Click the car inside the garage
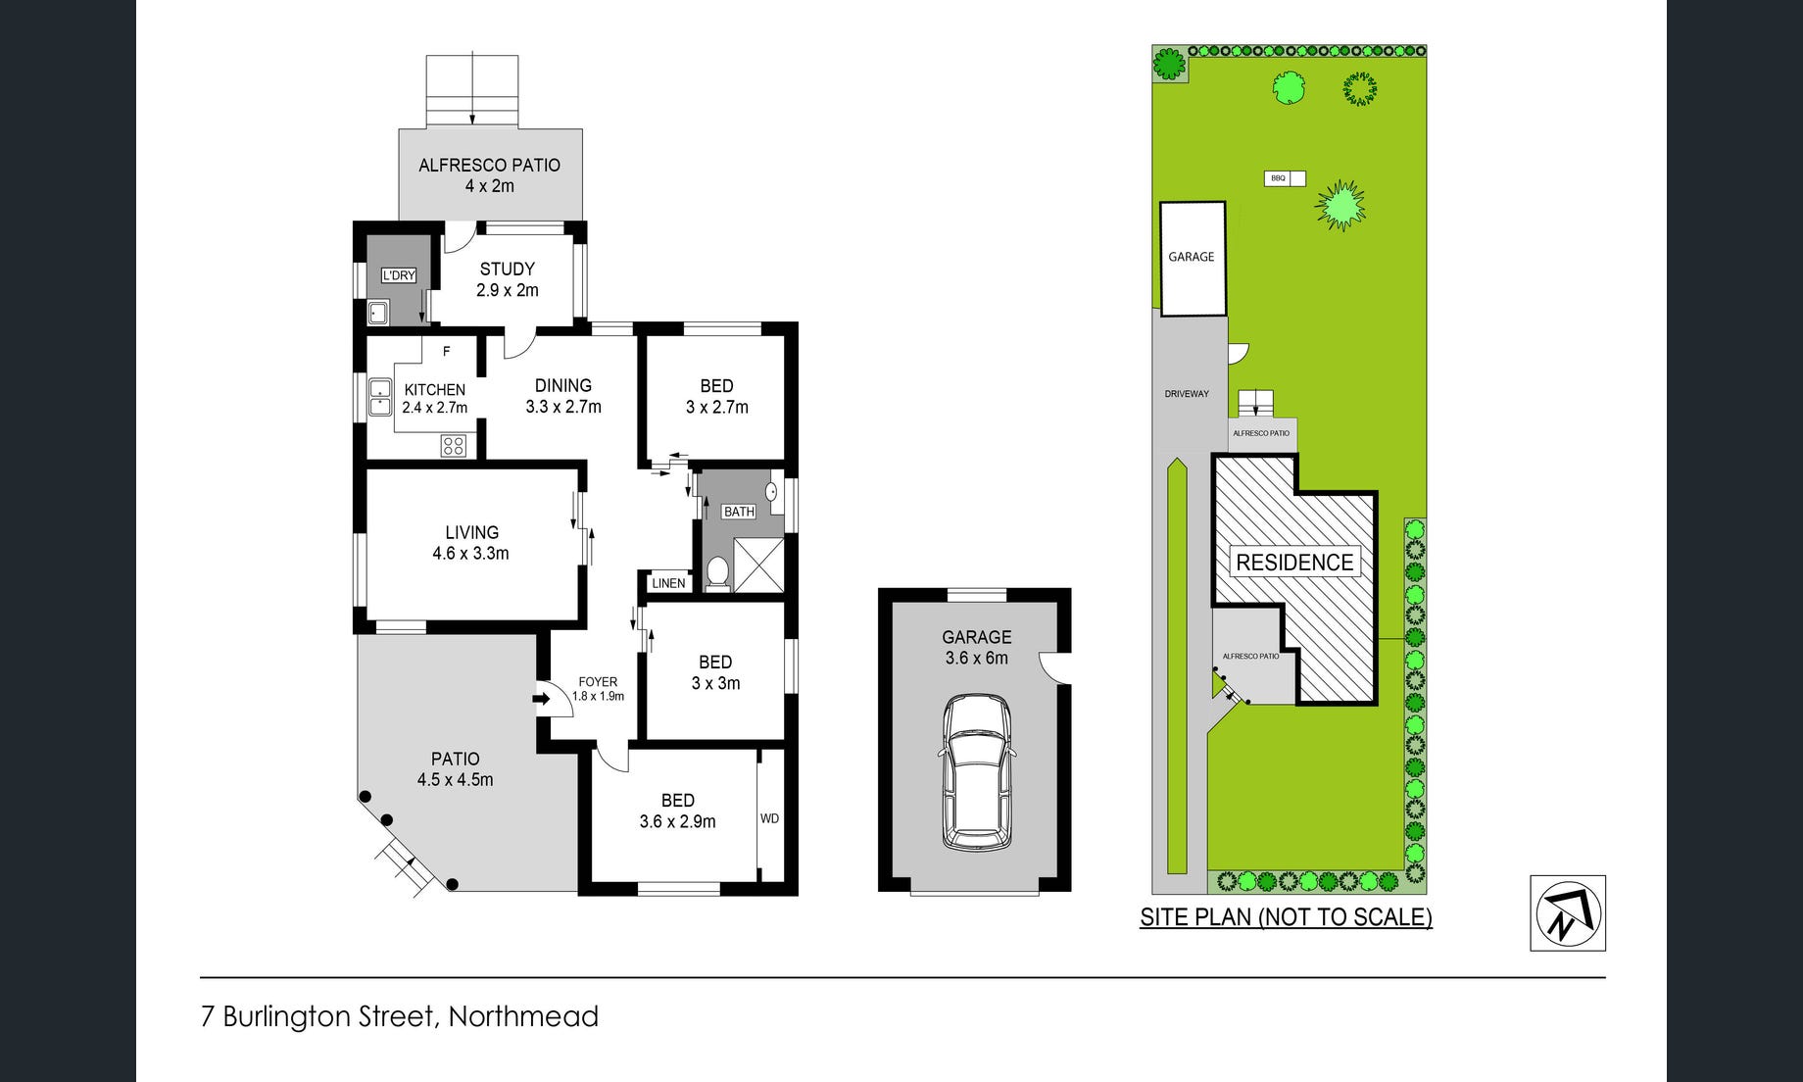pos(976,771)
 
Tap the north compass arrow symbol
pos(1568,912)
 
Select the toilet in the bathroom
pos(717,572)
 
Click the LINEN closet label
pos(668,583)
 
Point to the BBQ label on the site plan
pos(1278,178)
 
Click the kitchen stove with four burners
pos(453,446)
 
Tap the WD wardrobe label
pos(770,818)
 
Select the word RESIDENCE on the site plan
pos(1294,562)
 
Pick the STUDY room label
pos(507,269)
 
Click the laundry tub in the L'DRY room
pos(378,314)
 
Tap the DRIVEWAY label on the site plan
pos(1187,394)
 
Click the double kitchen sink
pos(379,398)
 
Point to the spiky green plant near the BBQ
pos(1340,205)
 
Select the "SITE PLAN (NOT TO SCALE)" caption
pos(1286,917)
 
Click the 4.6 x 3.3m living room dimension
pos(470,554)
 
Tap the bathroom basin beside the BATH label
pos(772,491)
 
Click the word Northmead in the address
pos(523,1016)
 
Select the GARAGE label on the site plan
pos(1191,257)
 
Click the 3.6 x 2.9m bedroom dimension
pos(677,822)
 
